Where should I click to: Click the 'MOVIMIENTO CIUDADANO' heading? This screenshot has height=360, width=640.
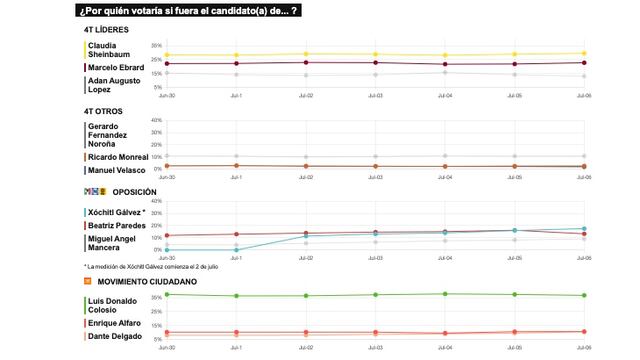click(146, 282)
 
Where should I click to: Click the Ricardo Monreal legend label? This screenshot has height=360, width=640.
click(118, 157)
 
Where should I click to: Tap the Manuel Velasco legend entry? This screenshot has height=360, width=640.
click(118, 170)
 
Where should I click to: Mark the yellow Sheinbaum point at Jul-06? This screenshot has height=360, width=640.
click(583, 53)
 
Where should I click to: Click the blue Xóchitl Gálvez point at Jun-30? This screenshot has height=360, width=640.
click(166, 250)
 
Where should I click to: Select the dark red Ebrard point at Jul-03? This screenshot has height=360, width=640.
click(375, 63)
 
